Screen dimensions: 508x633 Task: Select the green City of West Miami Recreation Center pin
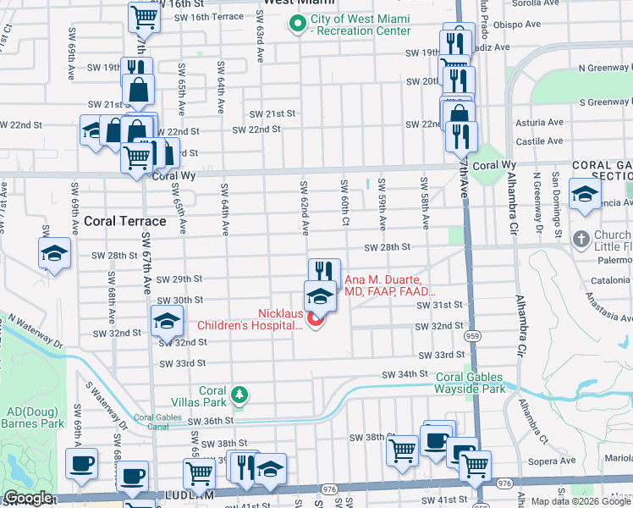point(296,25)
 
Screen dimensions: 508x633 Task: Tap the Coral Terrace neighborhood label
point(124,221)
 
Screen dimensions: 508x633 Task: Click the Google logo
point(28,498)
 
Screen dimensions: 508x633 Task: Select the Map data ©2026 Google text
point(581,501)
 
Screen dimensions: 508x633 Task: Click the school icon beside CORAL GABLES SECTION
point(586,193)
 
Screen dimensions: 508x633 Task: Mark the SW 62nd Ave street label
point(303,207)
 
